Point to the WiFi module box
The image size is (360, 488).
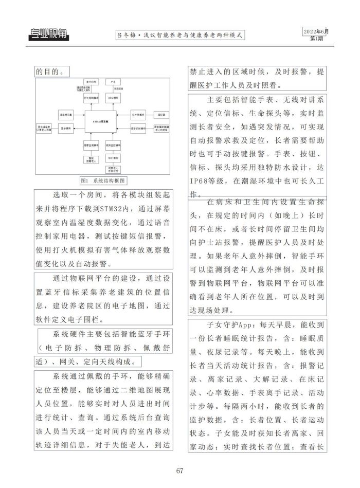pyautogui.click(x=113, y=157)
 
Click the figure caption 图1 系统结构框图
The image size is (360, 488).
pyautogui.click(x=103, y=181)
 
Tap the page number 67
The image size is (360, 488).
pyautogui.click(x=180, y=471)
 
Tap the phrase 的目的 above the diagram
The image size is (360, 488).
pyautogui.click(x=49, y=71)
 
